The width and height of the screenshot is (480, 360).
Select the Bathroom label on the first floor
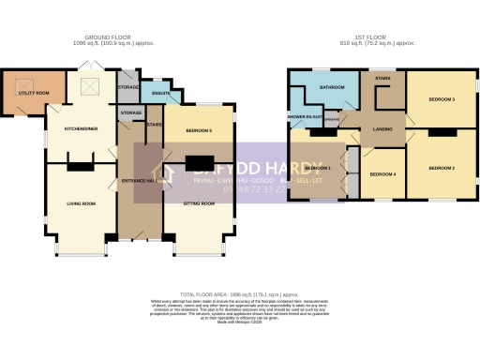coord(331,87)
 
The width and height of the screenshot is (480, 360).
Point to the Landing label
coord(382,129)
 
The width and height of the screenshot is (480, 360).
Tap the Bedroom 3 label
coord(442,98)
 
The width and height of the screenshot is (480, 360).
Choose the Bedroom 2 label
coord(442,168)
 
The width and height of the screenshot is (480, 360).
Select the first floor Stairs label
coord(382,79)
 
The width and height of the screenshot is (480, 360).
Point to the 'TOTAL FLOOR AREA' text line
coord(240,293)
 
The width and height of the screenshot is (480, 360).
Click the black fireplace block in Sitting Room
coord(198,162)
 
